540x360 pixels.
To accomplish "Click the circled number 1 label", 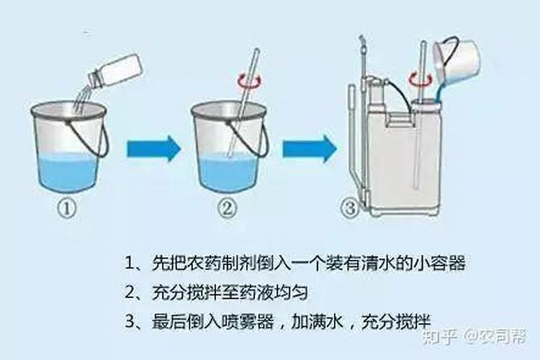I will [x=67, y=209].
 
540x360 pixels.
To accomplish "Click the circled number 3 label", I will [x=350, y=209].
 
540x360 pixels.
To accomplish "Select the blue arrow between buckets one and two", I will [x=153, y=150].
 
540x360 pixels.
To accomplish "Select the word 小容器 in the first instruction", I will [x=440, y=263].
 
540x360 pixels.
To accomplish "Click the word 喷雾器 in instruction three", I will [x=249, y=320].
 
